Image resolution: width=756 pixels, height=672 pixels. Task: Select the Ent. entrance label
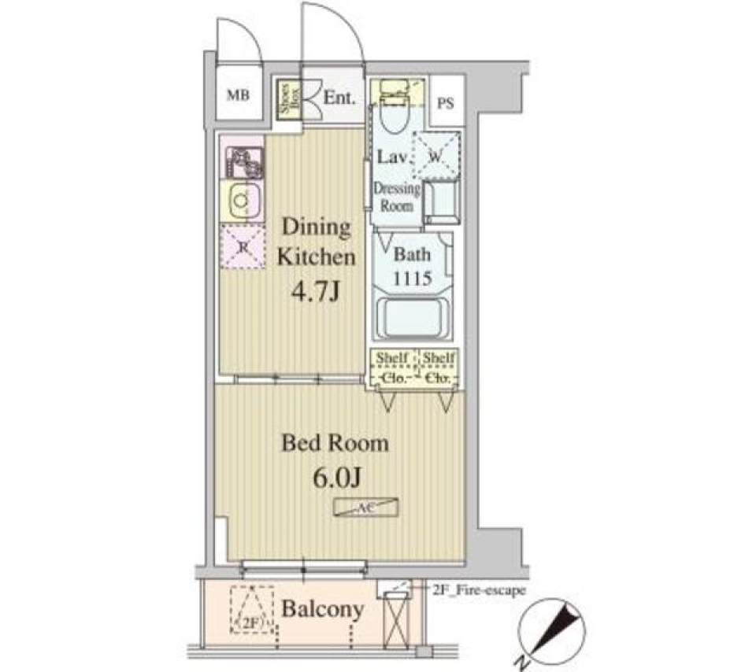340,99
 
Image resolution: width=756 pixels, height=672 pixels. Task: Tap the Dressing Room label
398,197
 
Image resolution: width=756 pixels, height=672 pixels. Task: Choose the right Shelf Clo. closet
439,367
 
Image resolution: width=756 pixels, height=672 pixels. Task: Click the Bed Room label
335,443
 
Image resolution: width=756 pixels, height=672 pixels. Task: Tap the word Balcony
323,608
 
